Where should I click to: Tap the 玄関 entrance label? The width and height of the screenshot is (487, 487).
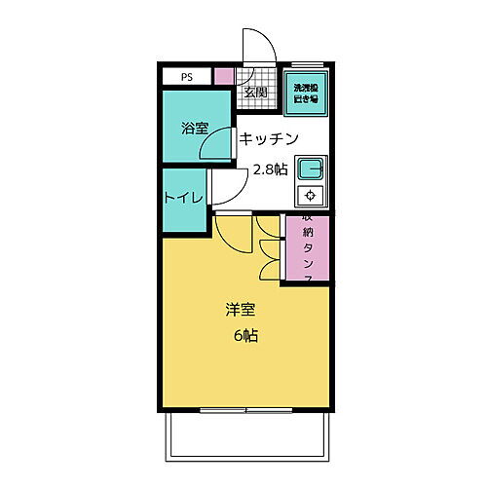coord(255,93)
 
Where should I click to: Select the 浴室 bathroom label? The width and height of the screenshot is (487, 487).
coord(195,128)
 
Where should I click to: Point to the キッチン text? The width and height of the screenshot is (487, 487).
coord(268,137)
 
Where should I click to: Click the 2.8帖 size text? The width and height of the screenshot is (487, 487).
coord(270,169)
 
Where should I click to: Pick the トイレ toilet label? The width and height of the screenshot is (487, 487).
coord(182,198)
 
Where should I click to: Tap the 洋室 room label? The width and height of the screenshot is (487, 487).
coord(241,310)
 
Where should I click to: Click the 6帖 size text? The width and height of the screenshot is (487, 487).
coord(245,336)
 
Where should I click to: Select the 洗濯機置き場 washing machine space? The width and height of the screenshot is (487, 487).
coord(307,92)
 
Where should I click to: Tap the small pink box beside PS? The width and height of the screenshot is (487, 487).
coord(224,75)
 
